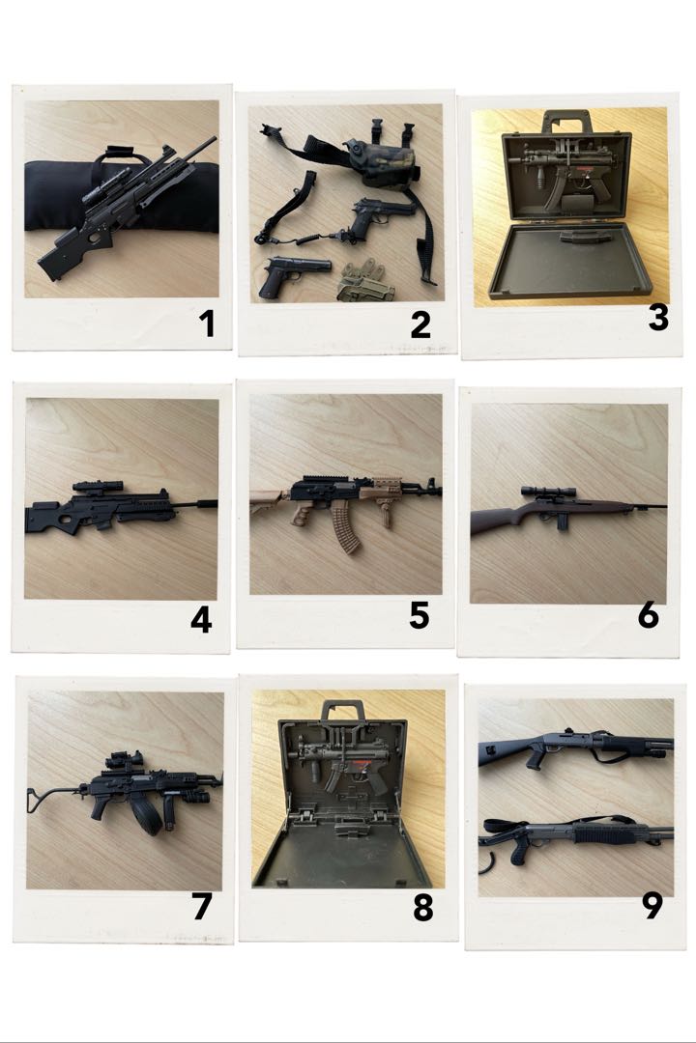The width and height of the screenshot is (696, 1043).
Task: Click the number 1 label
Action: pos(206,324)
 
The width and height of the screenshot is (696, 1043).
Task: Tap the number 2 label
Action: pos(420,325)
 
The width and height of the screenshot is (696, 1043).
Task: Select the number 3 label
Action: pos(658,316)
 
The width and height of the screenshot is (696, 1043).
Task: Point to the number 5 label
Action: pos(420,615)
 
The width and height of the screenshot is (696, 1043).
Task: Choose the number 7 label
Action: pos(201,907)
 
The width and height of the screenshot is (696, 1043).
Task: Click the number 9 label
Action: pos(652,906)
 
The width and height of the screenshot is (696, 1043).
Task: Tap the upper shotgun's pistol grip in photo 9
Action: pos(533,760)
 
